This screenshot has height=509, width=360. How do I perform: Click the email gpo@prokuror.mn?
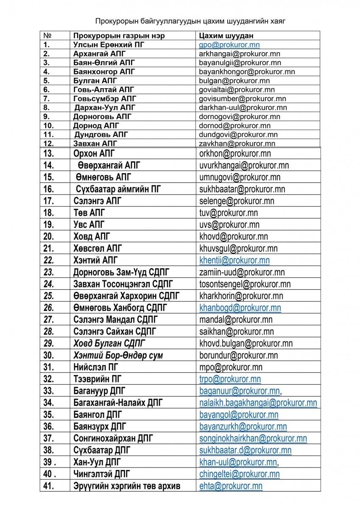click(x=229, y=45)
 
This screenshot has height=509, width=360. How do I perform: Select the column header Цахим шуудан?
click(x=226, y=36)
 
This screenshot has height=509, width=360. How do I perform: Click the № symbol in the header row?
click(x=47, y=36)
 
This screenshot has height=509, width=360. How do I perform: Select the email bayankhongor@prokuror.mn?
click(x=247, y=72)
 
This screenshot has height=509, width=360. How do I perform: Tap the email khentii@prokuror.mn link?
click(x=234, y=260)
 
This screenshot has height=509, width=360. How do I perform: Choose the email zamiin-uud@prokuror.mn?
click(x=242, y=272)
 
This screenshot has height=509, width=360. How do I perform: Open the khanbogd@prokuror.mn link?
click(x=240, y=308)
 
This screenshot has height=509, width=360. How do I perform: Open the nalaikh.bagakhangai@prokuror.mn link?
click(x=258, y=403)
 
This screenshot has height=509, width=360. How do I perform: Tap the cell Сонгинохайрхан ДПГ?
click(x=113, y=438)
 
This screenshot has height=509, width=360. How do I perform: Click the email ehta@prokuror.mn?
click(x=231, y=486)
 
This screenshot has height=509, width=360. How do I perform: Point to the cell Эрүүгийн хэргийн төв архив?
click(x=127, y=486)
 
